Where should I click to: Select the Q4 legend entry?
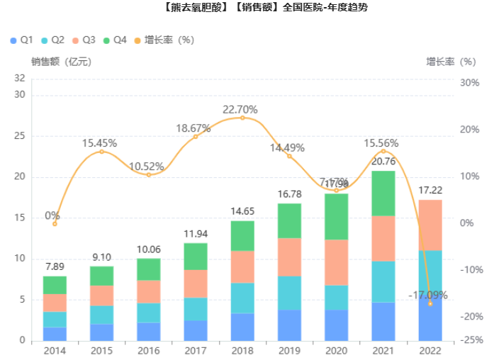point(114,40)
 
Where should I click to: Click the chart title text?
point(247,8)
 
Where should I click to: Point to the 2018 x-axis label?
point(242,351)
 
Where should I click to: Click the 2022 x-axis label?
point(430,351)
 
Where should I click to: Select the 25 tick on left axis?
point(20,136)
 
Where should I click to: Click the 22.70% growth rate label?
point(240,110)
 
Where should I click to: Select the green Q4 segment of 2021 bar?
point(383,193)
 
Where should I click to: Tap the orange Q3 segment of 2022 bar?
point(430,225)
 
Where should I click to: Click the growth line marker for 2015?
point(101,152)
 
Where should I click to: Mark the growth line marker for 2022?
point(430,303)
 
